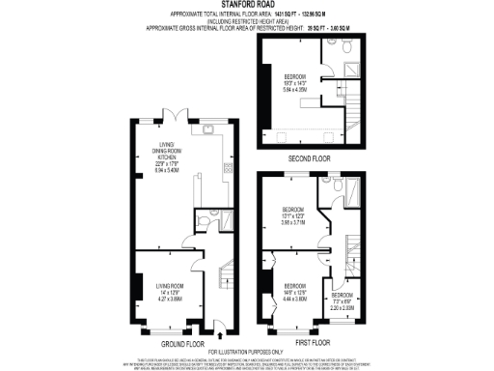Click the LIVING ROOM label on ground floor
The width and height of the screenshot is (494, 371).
point(170,290)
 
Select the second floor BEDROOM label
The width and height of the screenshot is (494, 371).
point(295,80)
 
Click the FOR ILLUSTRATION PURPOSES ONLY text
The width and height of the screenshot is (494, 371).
point(247,351)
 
